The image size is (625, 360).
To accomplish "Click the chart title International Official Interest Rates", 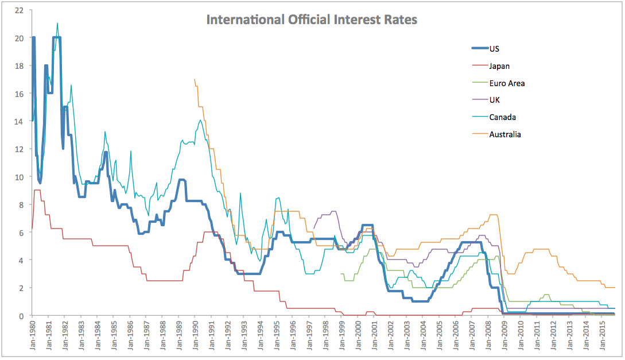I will [x=312, y=20].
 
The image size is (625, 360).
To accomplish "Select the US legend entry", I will [x=494, y=49].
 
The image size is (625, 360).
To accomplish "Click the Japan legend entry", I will [x=499, y=66].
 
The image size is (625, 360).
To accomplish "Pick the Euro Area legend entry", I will [x=506, y=83].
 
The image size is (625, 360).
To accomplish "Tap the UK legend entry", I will [x=494, y=100].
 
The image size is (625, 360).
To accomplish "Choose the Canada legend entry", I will [x=502, y=117].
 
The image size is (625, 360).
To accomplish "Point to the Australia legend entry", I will [x=504, y=134].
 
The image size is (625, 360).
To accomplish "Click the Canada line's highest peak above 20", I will [x=57, y=23].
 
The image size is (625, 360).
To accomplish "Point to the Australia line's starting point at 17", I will [x=195, y=79].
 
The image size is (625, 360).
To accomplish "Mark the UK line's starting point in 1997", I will [x=313, y=229].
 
